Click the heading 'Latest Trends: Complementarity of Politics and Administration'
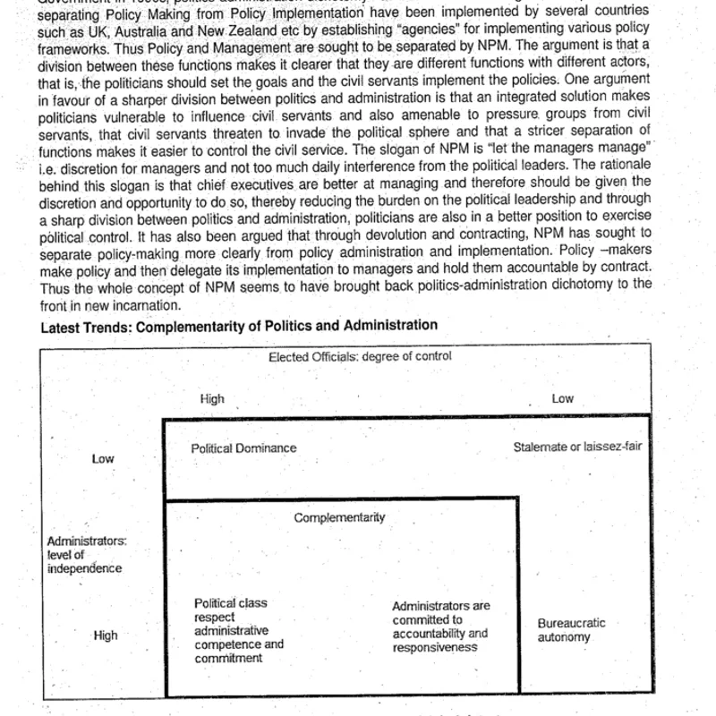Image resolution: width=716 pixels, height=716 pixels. tap(239, 326)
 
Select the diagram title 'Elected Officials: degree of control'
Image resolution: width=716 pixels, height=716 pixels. tap(361, 356)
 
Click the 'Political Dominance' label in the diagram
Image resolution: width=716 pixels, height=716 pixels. tap(243, 447)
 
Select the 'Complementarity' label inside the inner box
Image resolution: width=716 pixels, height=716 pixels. tap(339, 517)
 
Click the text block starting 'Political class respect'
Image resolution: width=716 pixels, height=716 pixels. tap(239, 630)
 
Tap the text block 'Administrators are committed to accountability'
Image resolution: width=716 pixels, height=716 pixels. tap(440, 626)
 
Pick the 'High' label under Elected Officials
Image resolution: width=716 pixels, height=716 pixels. tap(212, 399)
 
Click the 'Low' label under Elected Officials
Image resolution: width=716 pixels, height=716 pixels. tap(562, 399)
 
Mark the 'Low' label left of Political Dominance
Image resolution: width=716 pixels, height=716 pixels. tap(104, 459)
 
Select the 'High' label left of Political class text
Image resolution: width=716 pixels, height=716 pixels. tap(105, 635)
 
